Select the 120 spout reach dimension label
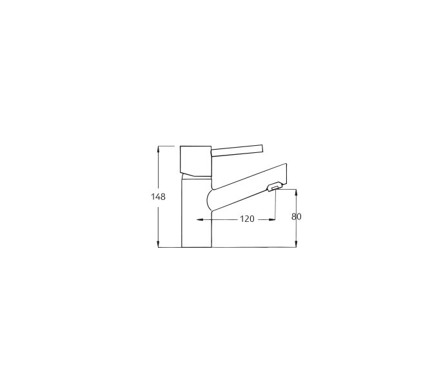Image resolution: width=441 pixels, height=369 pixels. [247, 219]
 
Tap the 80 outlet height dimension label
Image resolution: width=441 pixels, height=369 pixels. [296, 217]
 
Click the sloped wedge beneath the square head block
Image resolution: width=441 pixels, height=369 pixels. [197, 174]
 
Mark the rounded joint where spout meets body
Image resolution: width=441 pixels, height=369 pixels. [210, 200]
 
